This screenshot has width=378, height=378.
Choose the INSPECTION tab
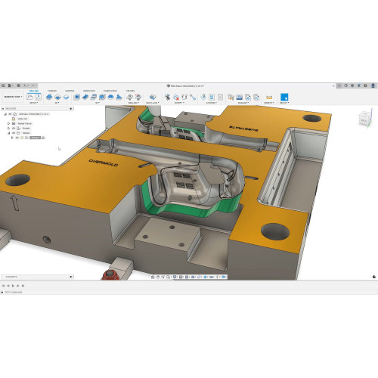(x=89, y=90)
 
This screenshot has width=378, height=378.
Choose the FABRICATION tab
(x=110, y=90)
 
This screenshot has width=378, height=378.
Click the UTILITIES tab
(x=129, y=90)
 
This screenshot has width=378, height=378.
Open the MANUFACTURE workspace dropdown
(x=11, y=97)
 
